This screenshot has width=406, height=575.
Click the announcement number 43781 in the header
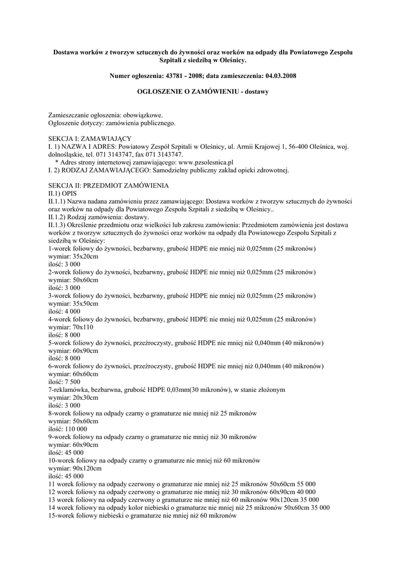click(x=174, y=75)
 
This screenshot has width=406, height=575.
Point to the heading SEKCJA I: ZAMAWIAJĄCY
click(x=90, y=138)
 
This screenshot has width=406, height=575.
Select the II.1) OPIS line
click(x=63, y=193)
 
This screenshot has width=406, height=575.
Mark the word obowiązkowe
click(x=136, y=115)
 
